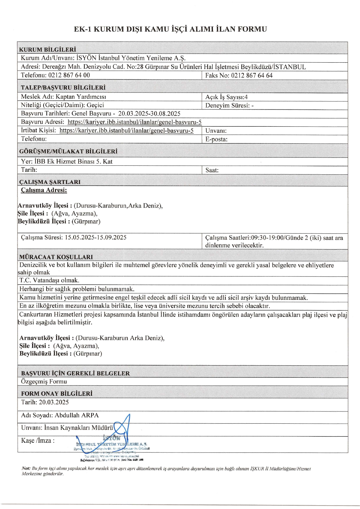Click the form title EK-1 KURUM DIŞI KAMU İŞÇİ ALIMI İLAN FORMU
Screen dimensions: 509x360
point(170,29)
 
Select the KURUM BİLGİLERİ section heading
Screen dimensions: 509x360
point(48,50)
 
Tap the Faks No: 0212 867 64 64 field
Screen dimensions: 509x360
point(239,76)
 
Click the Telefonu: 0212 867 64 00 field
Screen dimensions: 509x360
point(55,75)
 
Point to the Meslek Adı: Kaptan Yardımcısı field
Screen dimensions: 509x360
point(63,97)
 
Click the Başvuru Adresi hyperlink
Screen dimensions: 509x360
point(134,122)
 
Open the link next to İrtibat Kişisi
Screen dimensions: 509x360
point(126,130)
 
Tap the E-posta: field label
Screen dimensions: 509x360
point(216,139)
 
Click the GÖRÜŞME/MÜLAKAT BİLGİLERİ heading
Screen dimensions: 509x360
point(68,151)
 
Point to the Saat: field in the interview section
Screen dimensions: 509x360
point(212,170)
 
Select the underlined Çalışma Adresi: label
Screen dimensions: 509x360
point(44,190)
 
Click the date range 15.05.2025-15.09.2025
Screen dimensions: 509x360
point(95,237)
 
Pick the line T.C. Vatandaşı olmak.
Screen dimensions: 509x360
point(49,280)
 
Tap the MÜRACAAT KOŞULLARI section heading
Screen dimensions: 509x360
point(56,257)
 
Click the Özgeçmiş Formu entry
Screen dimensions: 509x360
point(44,381)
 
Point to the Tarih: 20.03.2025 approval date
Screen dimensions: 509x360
point(45,402)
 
